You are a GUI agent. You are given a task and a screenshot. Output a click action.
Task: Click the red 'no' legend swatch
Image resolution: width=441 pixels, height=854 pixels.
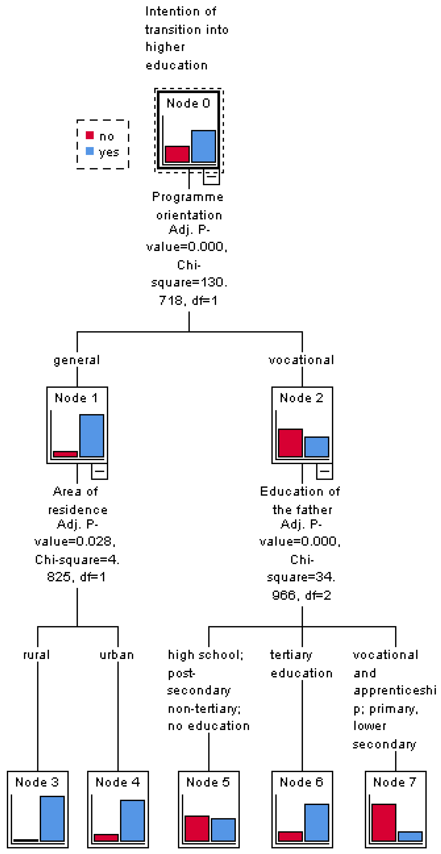point(90,135)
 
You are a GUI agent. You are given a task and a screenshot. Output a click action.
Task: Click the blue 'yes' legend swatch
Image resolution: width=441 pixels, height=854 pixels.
point(90,151)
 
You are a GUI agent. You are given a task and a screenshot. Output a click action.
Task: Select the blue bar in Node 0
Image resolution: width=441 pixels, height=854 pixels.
point(203,146)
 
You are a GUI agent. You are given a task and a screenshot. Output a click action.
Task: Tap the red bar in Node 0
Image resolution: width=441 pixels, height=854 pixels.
point(177,154)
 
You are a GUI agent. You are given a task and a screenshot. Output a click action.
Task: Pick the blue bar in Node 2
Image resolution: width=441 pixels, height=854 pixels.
point(317,447)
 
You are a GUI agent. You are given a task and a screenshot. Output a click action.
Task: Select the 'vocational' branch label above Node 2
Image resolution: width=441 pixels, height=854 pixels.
point(301,360)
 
